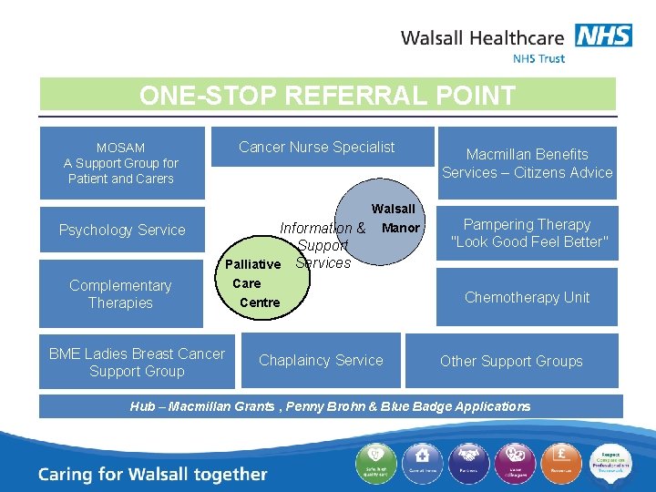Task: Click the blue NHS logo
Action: (603, 36)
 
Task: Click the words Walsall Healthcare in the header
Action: (483, 38)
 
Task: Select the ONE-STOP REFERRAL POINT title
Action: (327, 95)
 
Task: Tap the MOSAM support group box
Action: (121, 163)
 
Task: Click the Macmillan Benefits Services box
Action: (527, 163)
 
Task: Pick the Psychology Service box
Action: (122, 230)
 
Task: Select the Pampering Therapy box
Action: (527, 233)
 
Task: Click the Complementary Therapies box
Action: (120, 294)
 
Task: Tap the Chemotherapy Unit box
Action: (527, 297)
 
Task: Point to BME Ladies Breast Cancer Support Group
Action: (137, 362)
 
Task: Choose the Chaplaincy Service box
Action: (321, 360)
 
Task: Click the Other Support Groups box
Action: (511, 361)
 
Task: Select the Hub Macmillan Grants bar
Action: (330, 406)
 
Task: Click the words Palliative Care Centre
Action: (252, 283)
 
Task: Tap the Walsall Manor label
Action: (395, 218)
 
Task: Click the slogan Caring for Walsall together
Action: (153, 474)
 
